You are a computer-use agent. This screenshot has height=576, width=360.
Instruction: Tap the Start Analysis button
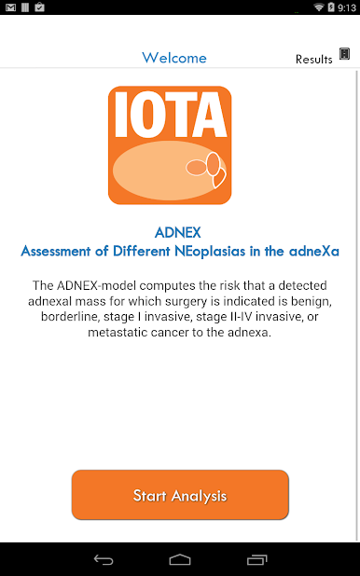pos(180,495)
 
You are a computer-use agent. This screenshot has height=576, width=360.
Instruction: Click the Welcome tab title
pos(174,58)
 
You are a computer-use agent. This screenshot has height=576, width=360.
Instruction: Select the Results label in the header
pos(313,59)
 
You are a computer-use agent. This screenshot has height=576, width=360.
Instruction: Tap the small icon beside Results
pos(344,54)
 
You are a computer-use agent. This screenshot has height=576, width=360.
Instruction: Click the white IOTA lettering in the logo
pos(171,115)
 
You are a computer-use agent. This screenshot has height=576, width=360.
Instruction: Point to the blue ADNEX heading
pos(177,232)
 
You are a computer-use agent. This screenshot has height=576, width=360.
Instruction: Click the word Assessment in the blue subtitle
pos(56,251)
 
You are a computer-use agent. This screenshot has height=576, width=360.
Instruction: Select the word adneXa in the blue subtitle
pos(313,251)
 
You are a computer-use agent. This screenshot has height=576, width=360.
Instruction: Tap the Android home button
pos(180,559)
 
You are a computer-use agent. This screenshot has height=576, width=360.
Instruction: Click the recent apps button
pos(257,559)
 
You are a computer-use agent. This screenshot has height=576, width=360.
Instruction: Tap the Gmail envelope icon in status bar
pos(10,7)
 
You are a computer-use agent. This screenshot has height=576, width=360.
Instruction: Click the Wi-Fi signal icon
pos(318,7)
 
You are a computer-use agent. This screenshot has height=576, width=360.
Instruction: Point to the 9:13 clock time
pos(347,7)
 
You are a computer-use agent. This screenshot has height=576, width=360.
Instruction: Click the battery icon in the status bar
pos(331,7)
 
